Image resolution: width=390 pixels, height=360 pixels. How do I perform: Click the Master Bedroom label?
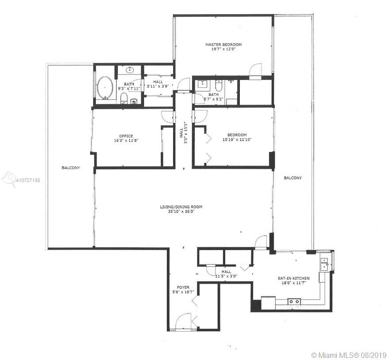[223, 45]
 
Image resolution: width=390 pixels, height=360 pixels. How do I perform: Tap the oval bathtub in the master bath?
[105, 87]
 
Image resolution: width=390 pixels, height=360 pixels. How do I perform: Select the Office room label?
[126, 136]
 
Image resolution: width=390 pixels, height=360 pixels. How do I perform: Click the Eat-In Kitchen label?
[294, 278]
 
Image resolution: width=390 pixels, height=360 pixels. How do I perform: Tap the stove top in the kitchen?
[294, 302]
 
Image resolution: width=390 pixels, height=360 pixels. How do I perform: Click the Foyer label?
[183, 288]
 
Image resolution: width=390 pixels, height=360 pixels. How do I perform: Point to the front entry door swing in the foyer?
[183, 321]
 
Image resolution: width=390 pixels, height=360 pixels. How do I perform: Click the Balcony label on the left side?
[71, 168]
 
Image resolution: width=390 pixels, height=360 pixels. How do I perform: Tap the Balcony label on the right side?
[293, 178]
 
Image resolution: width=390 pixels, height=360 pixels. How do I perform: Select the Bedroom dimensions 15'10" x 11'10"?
[237, 140]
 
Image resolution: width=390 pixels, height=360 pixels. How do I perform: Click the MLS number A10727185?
[28, 180]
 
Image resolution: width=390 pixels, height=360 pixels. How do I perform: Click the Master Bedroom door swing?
[255, 72]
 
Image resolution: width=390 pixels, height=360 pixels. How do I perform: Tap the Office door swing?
[167, 117]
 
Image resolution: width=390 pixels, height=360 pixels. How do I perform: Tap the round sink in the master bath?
[130, 70]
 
